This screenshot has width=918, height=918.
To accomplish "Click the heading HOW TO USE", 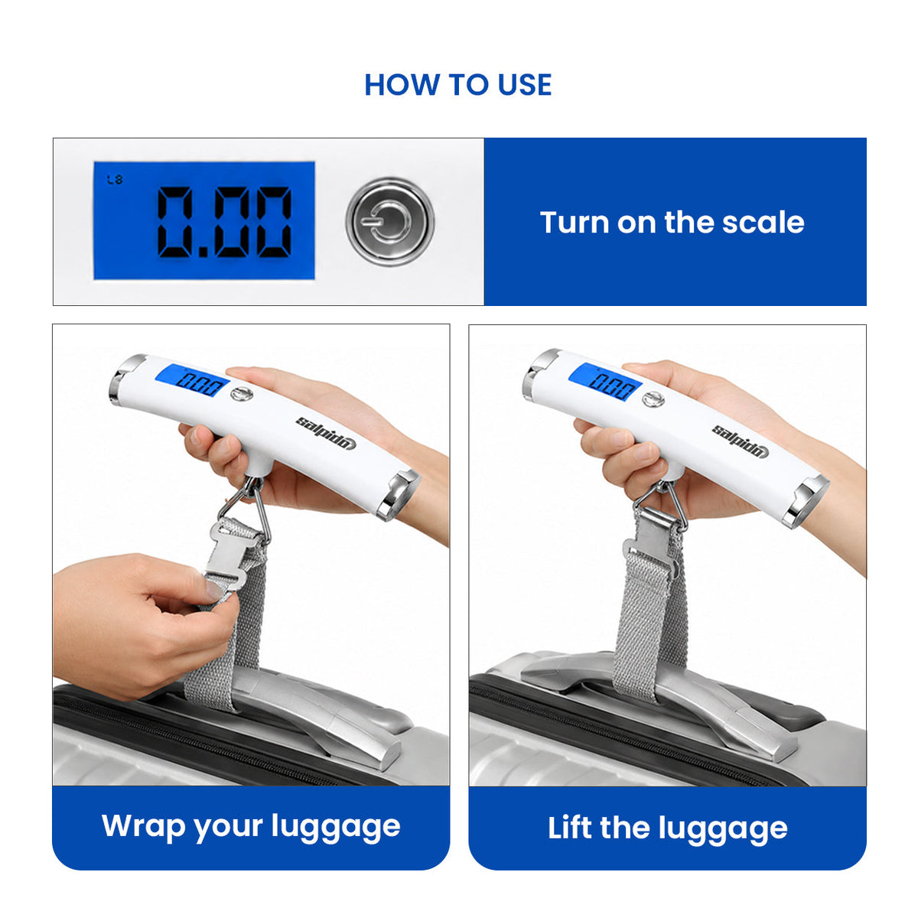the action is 457,85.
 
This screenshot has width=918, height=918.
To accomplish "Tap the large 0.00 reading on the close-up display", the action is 224,222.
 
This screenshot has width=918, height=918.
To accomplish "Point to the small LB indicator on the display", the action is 115,180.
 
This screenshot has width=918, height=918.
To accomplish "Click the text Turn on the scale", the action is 672,223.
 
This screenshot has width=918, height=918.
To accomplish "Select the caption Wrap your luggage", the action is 251,826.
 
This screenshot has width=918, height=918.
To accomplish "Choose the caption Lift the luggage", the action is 667,828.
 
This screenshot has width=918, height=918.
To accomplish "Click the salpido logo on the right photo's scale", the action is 741,441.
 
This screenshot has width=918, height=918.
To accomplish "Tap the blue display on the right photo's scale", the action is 605,382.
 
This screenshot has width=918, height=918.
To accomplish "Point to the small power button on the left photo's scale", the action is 242,394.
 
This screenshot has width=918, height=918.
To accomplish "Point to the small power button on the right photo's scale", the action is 653,399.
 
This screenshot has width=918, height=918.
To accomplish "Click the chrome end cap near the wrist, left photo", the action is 398,496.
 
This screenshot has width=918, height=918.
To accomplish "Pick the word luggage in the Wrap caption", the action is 336,828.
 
